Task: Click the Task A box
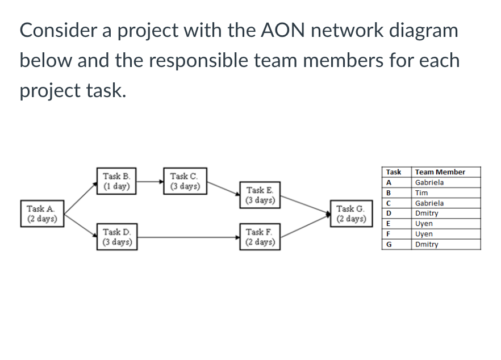coord(41,213)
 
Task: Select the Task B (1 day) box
coord(116,181)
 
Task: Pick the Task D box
coord(116,236)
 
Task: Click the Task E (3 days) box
coord(260,195)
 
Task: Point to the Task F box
coord(260,236)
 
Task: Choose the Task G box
coord(350,214)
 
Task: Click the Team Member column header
coord(440,172)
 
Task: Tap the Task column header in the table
coord(394,172)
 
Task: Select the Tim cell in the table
coord(421,192)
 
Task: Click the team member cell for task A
coord(429,182)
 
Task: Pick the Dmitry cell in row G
coord(427,244)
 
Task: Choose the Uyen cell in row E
coord(424,224)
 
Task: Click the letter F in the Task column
coord(389,234)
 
